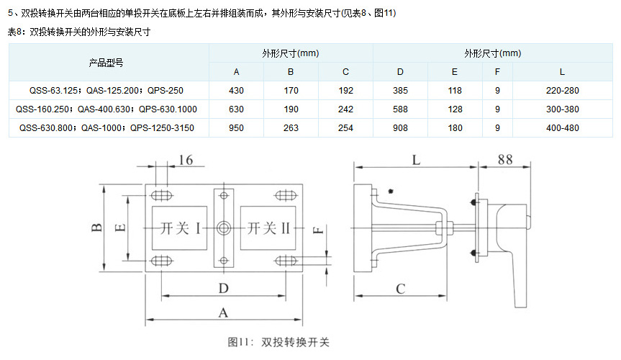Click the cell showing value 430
[x=236, y=91]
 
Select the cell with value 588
[x=400, y=109]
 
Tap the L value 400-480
[x=563, y=128]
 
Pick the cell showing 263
[x=291, y=128]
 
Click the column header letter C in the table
[x=345, y=72]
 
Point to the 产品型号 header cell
[x=106, y=63]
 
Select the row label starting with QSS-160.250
[x=106, y=109]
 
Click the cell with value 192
[x=345, y=91]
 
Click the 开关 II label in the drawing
[x=269, y=228]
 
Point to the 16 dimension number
[x=186, y=160]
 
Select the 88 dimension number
[x=505, y=160]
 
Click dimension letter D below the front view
[x=223, y=288]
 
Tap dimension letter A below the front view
[x=223, y=312]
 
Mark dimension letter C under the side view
[x=400, y=289]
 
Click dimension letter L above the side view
[x=416, y=160]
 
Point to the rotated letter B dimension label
[x=97, y=228]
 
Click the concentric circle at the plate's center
[x=224, y=228]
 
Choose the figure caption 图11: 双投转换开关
[x=278, y=342]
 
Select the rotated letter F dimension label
[x=319, y=230]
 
